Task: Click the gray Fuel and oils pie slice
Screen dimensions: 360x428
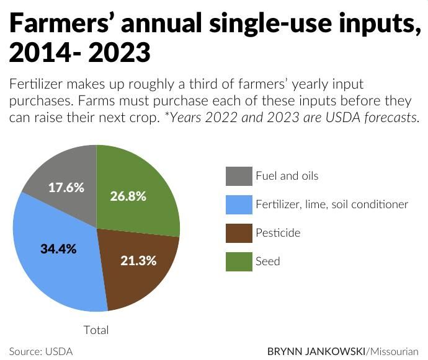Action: coord(62,173)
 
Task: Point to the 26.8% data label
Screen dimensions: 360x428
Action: coord(128,196)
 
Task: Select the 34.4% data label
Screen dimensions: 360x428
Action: coord(58,249)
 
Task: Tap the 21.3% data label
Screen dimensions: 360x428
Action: coord(138,260)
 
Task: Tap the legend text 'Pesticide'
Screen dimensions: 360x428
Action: coord(278,233)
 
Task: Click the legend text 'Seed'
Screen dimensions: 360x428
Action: coord(268,261)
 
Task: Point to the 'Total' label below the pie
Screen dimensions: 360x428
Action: coord(96,330)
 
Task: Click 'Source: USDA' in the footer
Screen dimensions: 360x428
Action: coord(41,351)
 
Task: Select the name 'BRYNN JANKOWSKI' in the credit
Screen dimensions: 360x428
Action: coord(315,351)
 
